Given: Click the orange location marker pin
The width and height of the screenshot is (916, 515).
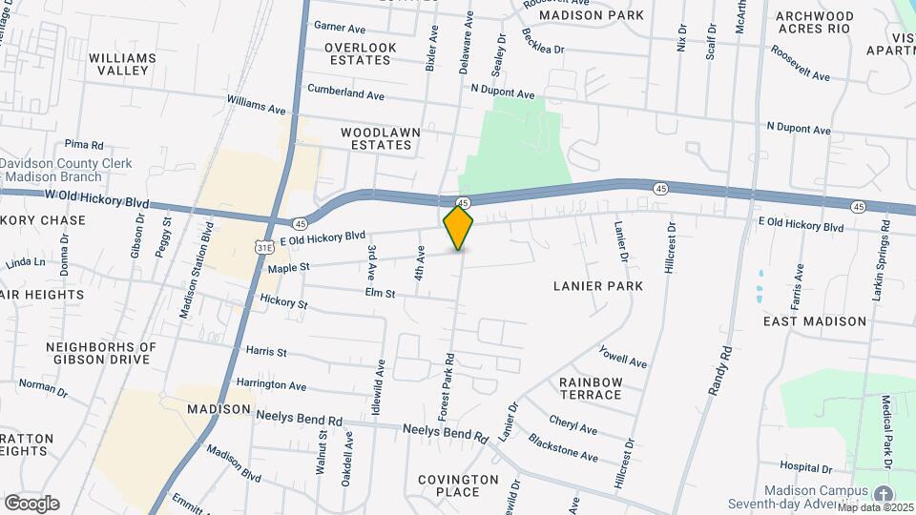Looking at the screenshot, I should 459,227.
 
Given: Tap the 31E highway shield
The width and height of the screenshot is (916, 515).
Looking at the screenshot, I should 264,247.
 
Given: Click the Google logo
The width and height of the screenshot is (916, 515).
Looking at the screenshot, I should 31,504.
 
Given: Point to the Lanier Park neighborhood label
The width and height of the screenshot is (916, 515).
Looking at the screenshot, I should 598,286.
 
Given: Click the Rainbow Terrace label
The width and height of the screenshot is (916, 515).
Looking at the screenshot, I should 591,388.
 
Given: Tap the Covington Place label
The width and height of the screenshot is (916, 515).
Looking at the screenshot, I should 458,485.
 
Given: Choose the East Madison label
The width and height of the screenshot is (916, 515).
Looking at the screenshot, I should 815,322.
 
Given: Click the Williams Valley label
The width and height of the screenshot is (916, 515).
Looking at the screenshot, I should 122,64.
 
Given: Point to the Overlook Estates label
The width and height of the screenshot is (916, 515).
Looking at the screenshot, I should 358,53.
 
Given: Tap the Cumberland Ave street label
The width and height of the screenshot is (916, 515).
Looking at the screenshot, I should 345,93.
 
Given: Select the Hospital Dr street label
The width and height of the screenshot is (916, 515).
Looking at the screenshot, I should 805,467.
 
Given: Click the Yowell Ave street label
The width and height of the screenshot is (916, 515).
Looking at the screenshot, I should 623,357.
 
